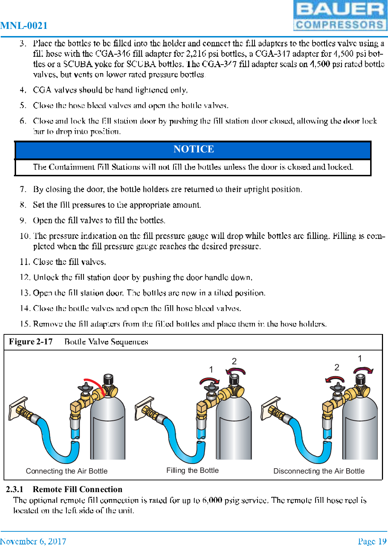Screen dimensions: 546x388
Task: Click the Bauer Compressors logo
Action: coord(340,16)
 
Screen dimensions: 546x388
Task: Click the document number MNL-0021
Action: coord(24,26)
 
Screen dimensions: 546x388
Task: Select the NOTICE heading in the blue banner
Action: coord(193,149)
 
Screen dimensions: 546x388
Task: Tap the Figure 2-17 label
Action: coord(31,342)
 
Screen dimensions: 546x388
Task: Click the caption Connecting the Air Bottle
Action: coord(66,471)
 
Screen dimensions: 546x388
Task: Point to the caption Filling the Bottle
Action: coord(192,470)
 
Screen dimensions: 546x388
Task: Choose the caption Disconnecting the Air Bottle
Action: coord(319,471)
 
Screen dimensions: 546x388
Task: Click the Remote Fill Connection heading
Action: coord(77,489)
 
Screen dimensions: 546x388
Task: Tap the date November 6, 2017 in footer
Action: coord(33,541)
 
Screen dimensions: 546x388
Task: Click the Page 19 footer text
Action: coord(372,541)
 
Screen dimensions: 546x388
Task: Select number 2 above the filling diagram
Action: coord(234,362)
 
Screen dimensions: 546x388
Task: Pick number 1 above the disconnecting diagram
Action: coord(360,358)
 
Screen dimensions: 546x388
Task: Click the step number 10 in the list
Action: coord(25,236)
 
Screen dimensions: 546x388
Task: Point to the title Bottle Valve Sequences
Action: coord(106,342)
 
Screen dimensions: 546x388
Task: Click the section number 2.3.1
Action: coord(14,489)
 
